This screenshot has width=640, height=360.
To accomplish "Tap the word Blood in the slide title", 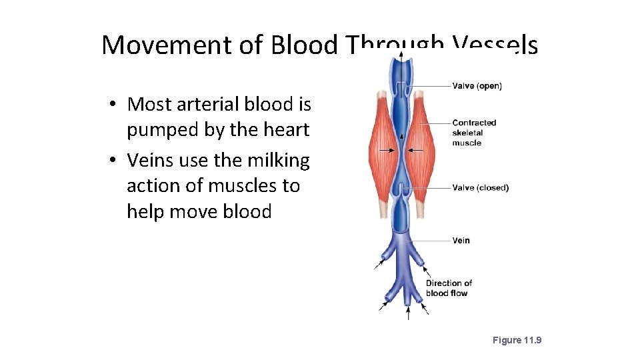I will [x=305, y=45].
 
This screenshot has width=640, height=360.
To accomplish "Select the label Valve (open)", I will [x=477, y=85].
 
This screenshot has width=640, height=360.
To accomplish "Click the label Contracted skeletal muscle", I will [x=473, y=133].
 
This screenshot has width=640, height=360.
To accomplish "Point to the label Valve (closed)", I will [x=480, y=187].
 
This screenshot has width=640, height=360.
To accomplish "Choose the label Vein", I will [x=461, y=241].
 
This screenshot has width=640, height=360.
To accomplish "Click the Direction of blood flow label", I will [x=449, y=288].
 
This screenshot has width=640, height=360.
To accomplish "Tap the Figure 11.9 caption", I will [x=517, y=340].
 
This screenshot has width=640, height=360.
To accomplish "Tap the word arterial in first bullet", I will [x=213, y=104].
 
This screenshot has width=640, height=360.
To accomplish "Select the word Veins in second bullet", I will [x=150, y=160].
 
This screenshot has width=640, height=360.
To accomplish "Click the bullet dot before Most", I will [x=115, y=105].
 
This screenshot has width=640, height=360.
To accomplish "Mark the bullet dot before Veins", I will [x=115, y=161].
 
